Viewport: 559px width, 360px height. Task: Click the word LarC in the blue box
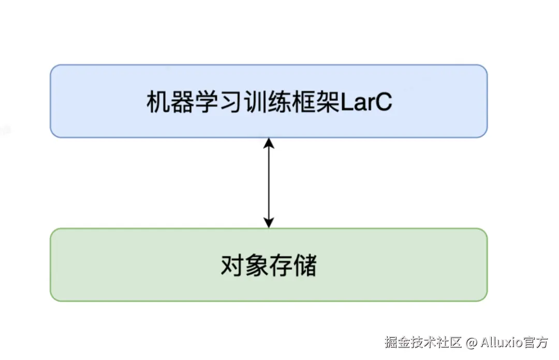click(366, 102)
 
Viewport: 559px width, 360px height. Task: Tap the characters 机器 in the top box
click(170, 102)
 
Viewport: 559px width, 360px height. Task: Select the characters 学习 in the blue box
click(218, 102)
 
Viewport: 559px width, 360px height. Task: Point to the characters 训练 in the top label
click(267, 102)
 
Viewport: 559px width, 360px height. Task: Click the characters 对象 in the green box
click(244, 266)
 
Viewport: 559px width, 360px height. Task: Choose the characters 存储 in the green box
click(292, 266)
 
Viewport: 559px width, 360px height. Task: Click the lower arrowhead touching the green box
click(269, 223)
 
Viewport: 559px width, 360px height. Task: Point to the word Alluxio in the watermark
click(501, 342)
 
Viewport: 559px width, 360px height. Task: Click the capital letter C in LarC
click(384, 102)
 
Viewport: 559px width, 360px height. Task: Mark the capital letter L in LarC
click(346, 102)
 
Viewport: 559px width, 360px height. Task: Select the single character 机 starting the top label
click(158, 102)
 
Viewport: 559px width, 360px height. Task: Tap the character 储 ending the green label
click(304, 266)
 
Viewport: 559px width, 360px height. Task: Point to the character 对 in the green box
click(232, 266)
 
